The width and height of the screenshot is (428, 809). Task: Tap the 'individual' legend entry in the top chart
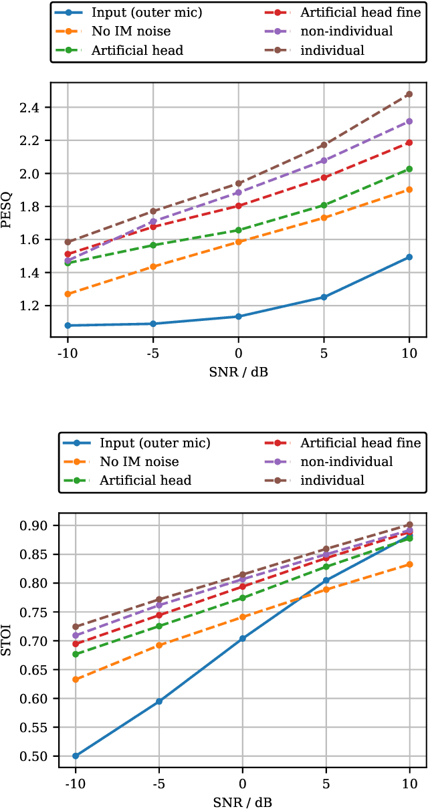click(x=332, y=49)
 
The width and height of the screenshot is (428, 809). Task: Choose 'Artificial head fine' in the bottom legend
click(x=360, y=443)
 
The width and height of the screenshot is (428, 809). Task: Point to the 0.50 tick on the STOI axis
click(x=30, y=756)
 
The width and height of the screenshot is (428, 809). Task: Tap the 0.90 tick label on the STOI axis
click(x=30, y=526)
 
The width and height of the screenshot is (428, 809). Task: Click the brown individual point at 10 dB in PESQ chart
click(x=409, y=94)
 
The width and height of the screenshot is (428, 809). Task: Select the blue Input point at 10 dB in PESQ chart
click(x=409, y=257)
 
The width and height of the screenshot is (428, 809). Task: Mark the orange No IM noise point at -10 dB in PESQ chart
click(x=68, y=294)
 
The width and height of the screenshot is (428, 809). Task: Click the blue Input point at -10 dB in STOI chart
click(x=76, y=756)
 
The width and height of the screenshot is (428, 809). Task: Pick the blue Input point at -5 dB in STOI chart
click(x=159, y=701)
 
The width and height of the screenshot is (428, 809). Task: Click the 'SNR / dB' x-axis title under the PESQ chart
click(x=238, y=370)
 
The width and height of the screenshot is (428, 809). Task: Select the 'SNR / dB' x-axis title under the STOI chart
click(x=242, y=802)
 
